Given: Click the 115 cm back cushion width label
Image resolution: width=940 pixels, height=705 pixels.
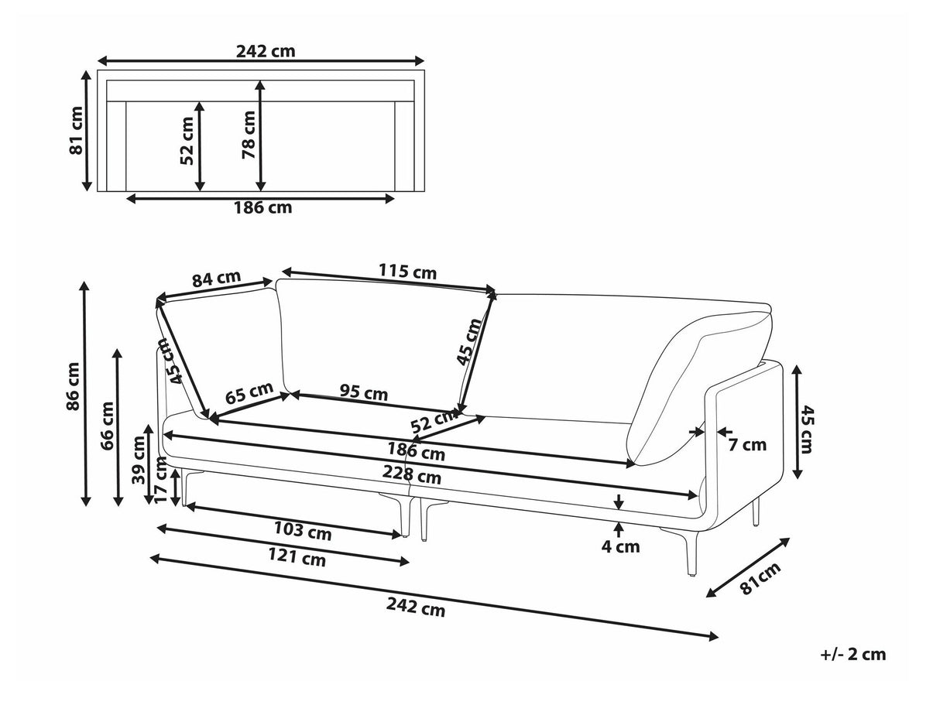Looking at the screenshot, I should coord(407,272).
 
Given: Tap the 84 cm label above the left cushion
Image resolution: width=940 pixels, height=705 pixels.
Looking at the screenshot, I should coord(217,279).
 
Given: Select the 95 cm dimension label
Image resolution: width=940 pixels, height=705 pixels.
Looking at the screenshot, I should coord(364,393).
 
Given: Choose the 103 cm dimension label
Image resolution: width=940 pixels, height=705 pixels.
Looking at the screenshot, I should coord(303,532).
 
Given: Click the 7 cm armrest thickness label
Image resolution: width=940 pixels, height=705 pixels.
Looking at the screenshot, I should coord(747,444).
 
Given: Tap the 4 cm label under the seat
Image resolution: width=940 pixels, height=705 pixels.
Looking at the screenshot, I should coord(621,546).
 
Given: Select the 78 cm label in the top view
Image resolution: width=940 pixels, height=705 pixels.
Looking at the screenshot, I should coord(249,135).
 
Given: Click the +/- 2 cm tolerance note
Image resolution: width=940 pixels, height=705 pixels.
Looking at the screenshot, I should coord(853,655).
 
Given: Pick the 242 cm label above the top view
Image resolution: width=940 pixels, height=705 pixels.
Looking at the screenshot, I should coord(266,52).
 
